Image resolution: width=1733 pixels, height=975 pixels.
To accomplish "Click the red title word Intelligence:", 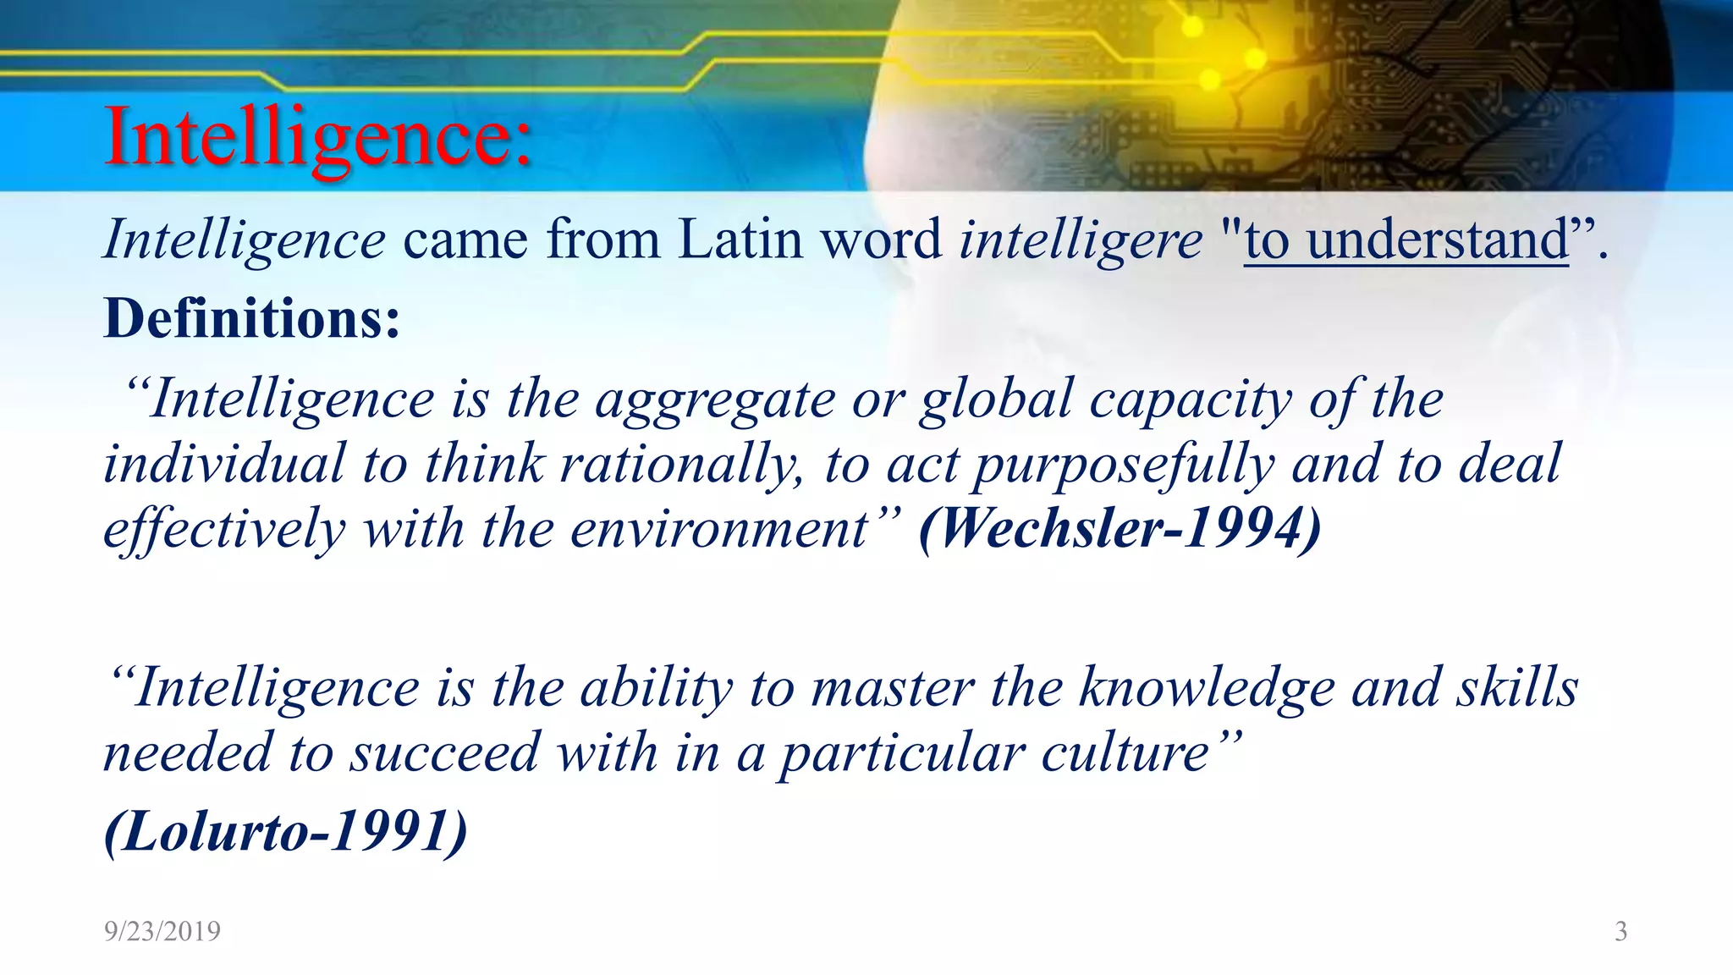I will (318, 137).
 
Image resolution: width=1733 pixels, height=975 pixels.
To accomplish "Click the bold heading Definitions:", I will (251, 319).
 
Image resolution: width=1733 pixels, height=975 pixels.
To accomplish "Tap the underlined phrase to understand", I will (1406, 240).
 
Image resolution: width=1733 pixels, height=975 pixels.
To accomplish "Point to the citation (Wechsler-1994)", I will (1120, 528).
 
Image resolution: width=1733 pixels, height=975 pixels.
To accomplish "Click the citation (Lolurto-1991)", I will (285, 831).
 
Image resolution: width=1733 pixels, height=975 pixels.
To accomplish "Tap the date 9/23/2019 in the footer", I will (162, 931).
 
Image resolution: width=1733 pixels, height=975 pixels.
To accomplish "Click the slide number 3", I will (1620, 931).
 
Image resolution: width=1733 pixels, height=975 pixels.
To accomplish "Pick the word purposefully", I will (1124, 465).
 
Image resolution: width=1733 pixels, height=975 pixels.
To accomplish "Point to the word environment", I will (719, 530).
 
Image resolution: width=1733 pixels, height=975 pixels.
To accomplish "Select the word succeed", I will (445, 752).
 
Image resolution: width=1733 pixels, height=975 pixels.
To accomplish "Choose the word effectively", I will (224, 530).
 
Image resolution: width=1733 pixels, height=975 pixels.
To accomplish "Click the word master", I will (893, 687).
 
